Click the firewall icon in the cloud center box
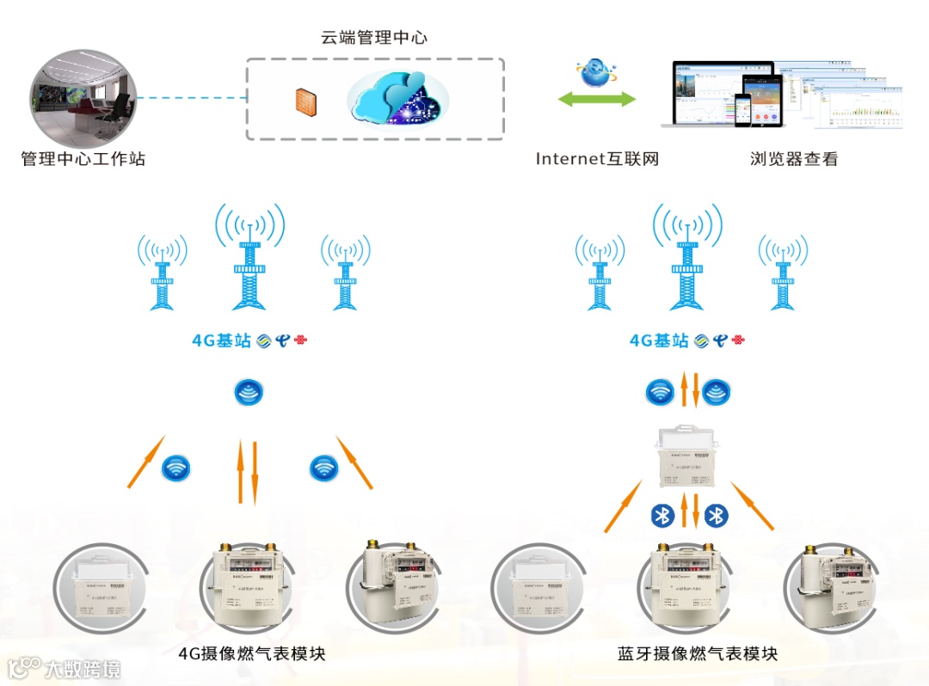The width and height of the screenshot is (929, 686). (305, 101)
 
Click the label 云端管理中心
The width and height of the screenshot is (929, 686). (373, 38)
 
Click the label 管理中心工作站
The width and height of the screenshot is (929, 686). (83, 159)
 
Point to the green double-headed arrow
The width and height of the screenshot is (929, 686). (596, 99)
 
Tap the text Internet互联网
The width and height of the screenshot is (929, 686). (596, 159)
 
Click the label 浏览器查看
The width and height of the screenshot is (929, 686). (793, 159)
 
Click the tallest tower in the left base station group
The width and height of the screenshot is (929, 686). (249, 258)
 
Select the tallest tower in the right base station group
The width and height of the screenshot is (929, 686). (686, 258)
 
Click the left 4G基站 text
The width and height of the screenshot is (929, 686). (221, 341)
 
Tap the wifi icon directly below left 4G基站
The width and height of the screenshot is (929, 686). (249, 394)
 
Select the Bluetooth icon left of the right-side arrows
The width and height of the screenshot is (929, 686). (661, 515)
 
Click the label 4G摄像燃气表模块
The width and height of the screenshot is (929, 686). (251, 654)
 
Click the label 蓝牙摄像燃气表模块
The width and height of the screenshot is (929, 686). (697, 654)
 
